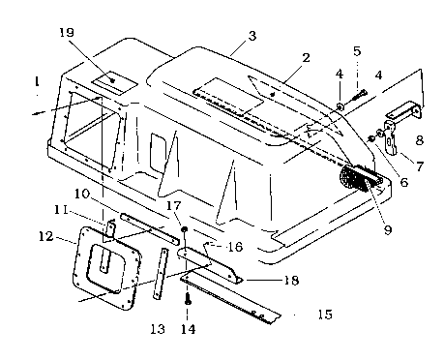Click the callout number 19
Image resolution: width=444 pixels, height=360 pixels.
67,32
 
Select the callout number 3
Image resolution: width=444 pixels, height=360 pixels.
252,36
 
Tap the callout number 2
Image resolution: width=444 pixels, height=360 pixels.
306,58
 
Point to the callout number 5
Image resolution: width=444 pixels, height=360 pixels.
357,51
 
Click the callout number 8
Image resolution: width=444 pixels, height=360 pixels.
419,140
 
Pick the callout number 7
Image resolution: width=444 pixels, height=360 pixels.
419,166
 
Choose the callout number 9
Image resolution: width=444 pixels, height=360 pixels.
387,229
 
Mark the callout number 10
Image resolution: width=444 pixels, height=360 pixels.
82,194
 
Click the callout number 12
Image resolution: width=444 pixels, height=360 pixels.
45,236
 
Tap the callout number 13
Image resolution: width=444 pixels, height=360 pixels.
158,329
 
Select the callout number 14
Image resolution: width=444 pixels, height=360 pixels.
188,329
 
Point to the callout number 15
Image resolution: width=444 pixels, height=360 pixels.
325,314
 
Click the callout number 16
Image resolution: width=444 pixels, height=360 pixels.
235,247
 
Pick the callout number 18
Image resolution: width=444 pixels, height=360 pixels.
291,280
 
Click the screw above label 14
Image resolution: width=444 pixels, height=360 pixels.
188,298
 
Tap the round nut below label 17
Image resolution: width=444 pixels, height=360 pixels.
184,229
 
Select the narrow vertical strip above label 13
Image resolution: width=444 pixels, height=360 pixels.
161,274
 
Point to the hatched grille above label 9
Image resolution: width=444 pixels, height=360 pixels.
355,177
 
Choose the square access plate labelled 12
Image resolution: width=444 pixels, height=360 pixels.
107,268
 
